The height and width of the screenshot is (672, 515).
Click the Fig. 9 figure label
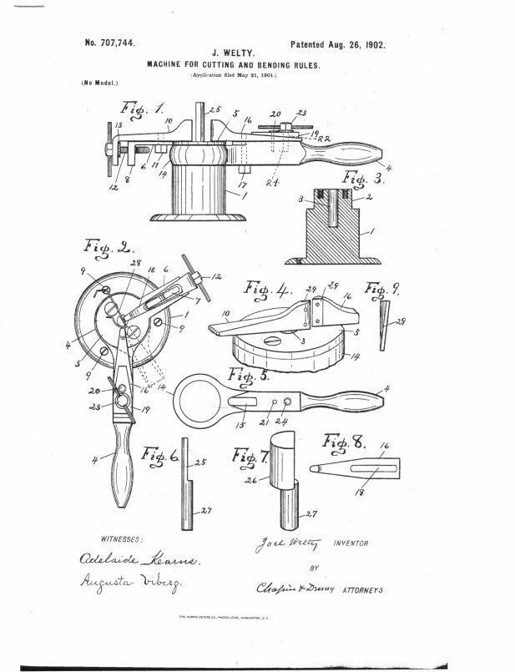click(385, 291)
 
